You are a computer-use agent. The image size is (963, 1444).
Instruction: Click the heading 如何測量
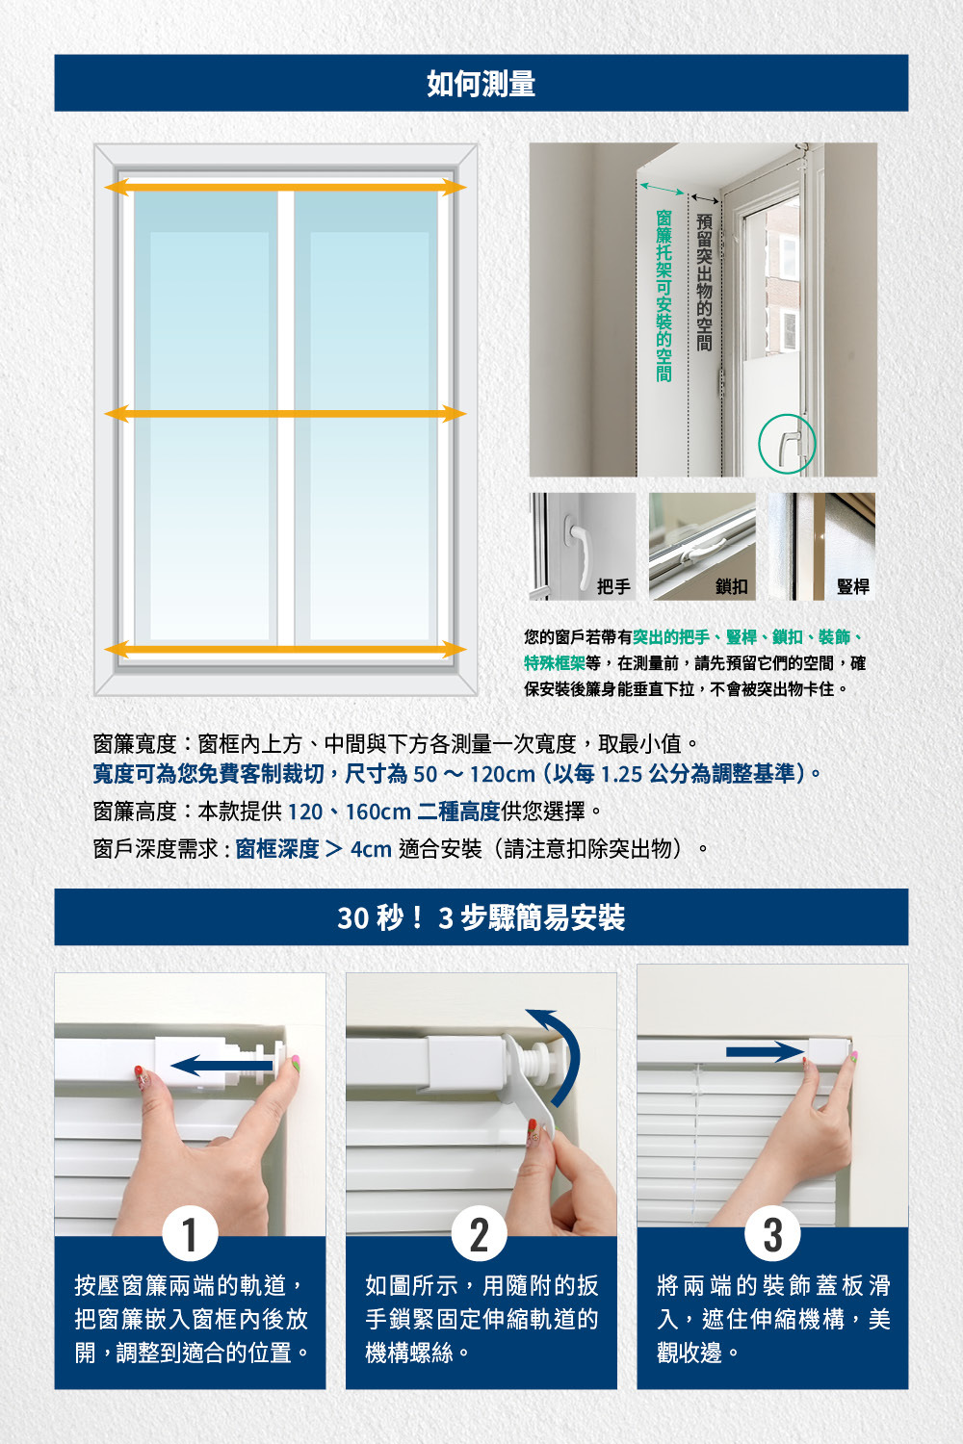(481, 84)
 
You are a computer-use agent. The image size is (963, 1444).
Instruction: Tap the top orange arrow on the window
(285, 188)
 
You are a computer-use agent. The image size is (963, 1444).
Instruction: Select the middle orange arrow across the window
(285, 414)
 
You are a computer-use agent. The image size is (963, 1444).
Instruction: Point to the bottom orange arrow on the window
(285, 649)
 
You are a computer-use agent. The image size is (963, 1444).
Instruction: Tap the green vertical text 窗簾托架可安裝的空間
(664, 296)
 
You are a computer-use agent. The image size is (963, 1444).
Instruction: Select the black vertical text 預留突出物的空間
(704, 282)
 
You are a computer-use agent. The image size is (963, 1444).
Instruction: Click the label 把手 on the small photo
(613, 586)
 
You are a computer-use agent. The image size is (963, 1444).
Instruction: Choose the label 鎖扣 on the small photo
(732, 586)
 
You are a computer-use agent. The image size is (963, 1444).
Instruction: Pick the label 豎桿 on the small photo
(852, 586)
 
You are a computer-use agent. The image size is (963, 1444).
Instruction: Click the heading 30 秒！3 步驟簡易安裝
(481, 917)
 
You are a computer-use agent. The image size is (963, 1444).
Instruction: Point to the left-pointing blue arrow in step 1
(221, 1066)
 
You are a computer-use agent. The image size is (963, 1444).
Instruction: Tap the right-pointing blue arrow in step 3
(765, 1052)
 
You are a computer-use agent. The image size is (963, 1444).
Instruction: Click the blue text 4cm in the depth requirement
(371, 849)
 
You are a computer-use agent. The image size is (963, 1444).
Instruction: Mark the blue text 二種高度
(458, 811)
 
